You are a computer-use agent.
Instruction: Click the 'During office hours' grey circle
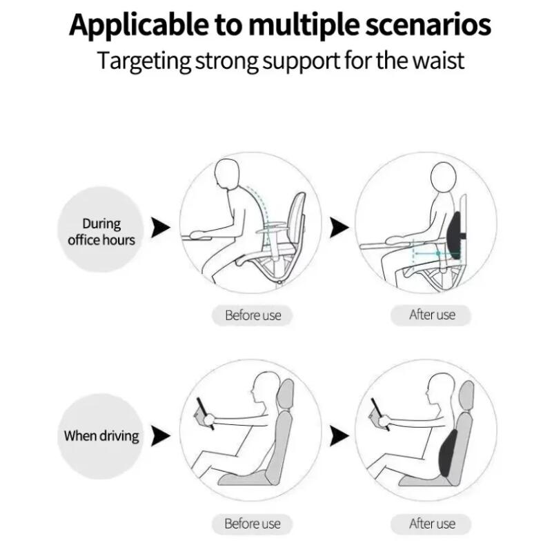pyautogui.click(x=101, y=232)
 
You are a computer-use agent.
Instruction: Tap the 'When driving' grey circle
pyautogui.click(x=101, y=435)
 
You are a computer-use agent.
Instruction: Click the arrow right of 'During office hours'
pyautogui.click(x=160, y=227)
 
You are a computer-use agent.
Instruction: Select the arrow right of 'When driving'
pyautogui.click(x=160, y=435)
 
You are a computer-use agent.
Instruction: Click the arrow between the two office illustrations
pyautogui.click(x=339, y=227)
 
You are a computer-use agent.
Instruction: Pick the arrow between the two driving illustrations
pyautogui.click(x=339, y=435)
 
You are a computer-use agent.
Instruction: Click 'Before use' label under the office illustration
pyautogui.click(x=253, y=315)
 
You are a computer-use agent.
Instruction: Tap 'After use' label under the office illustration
pyautogui.click(x=432, y=315)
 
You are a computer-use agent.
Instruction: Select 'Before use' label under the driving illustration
pyautogui.click(x=253, y=523)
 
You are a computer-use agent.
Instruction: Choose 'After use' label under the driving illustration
pyautogui.click(x=432, y=523)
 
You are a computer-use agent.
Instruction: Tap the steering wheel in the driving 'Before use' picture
pyautogui.click(x=204, y=412)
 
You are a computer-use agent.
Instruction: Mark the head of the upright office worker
pyautogui.click(x=442, y=180)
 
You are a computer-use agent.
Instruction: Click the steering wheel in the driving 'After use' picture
pyautogui.click(x=379, y=412)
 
